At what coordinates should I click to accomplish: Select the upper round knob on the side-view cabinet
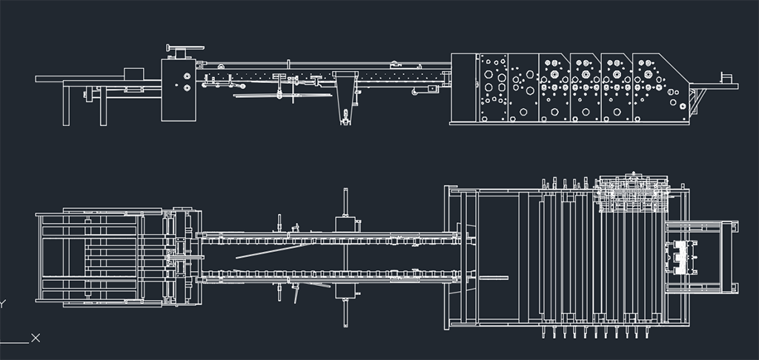(186, 76)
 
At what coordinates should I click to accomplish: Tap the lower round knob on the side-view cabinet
(186, 88)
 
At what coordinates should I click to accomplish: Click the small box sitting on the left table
(134, 73)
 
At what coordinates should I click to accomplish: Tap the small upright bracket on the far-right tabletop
(726, 78)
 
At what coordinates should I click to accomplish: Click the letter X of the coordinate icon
(36, 338)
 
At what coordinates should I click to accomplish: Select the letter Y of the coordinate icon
(2, 304)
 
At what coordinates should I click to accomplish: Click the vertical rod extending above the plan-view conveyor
(345, 201)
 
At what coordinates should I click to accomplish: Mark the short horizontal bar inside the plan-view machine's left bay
(493, 279)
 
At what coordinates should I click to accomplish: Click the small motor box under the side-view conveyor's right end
(432, 88)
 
